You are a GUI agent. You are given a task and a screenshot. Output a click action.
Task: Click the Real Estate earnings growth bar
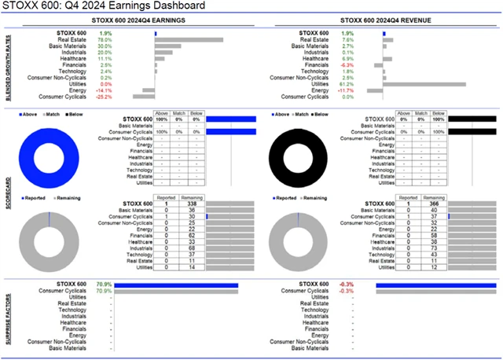coord(189,39)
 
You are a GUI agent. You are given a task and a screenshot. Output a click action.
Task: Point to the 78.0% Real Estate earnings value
coord(105,39)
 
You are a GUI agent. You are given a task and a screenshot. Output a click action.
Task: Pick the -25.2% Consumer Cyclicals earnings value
coord(104,97)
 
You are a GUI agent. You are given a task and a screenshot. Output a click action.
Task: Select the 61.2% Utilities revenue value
coord(325,84)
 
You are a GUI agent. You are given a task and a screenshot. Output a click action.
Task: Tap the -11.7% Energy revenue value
coord(324,90)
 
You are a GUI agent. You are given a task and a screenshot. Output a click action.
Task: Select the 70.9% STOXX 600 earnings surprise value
coord(103,285)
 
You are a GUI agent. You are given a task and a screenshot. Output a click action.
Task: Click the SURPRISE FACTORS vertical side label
coord(7,314)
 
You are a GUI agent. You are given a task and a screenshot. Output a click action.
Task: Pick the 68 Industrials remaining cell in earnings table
coord(191,248)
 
